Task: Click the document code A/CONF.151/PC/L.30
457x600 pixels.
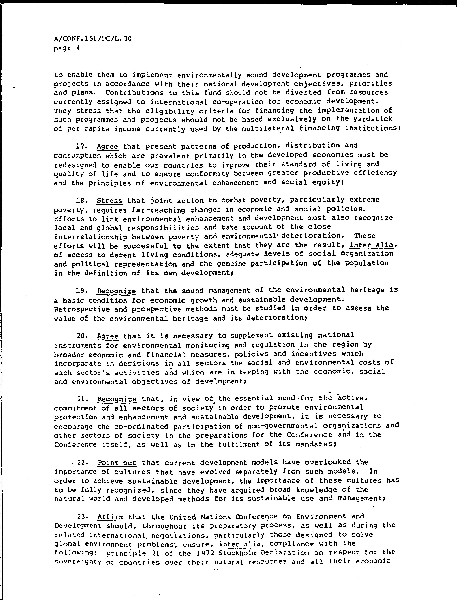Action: click(93, 39)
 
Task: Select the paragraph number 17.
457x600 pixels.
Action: click(81, 147)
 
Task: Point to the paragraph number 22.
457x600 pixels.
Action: click(82, 462)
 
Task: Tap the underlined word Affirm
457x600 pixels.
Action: click(110, 517)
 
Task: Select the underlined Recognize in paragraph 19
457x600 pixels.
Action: click(116, 291)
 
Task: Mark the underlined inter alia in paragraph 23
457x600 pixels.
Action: click(240, 544)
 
